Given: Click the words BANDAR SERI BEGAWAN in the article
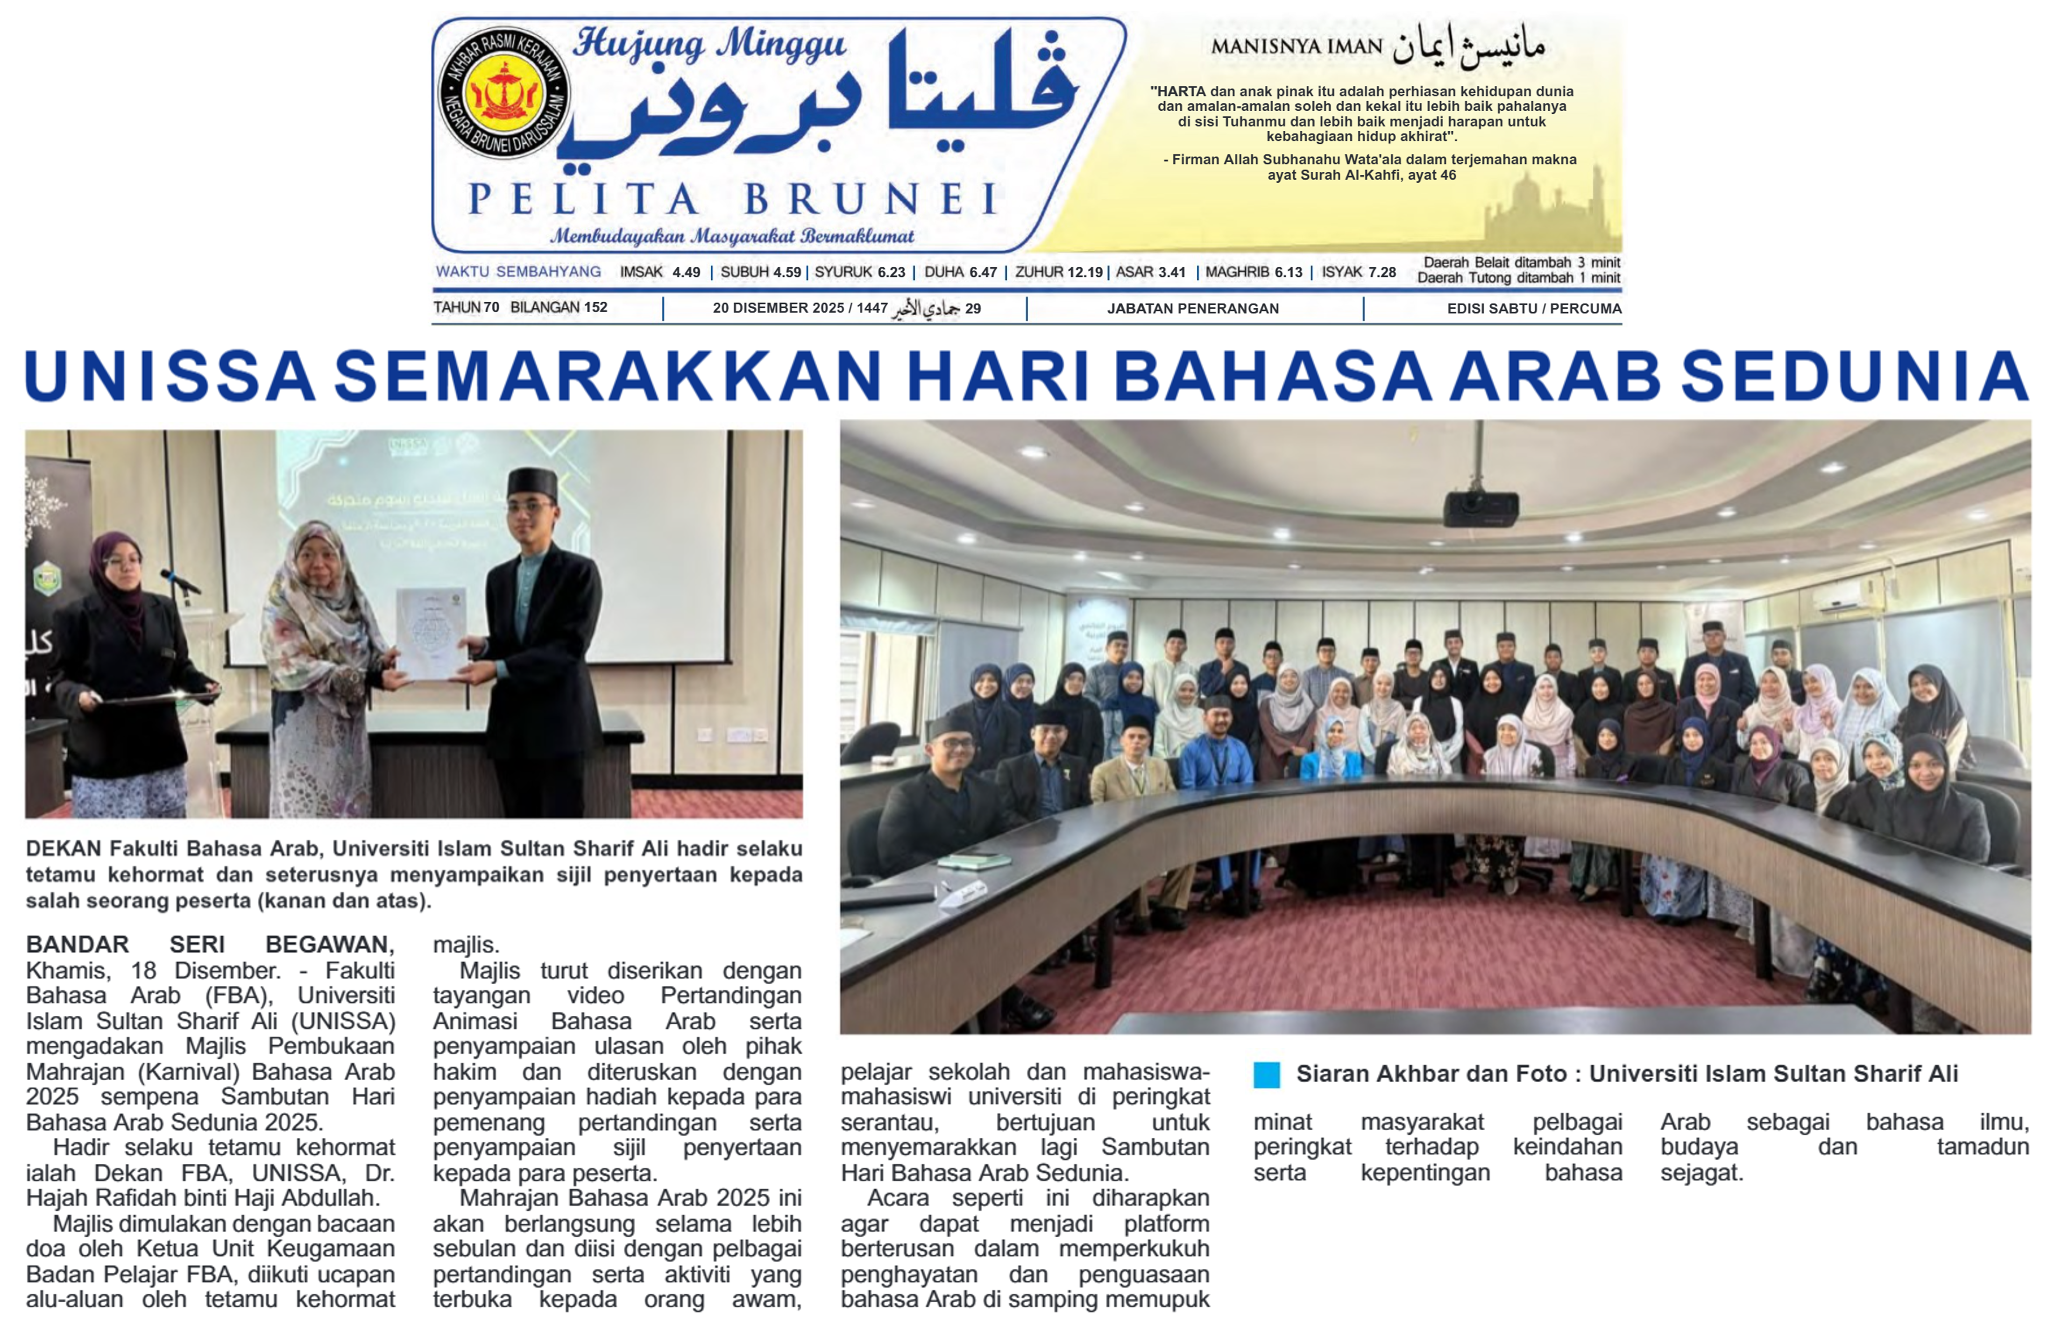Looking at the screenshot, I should [x=210, y=944].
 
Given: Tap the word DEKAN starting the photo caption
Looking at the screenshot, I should [x=64, y=849].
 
